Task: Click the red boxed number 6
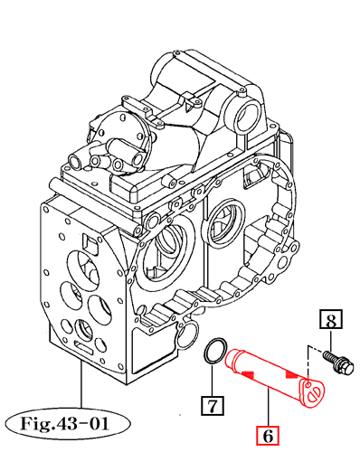click(268, 435)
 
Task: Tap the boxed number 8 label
click(332, 319)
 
